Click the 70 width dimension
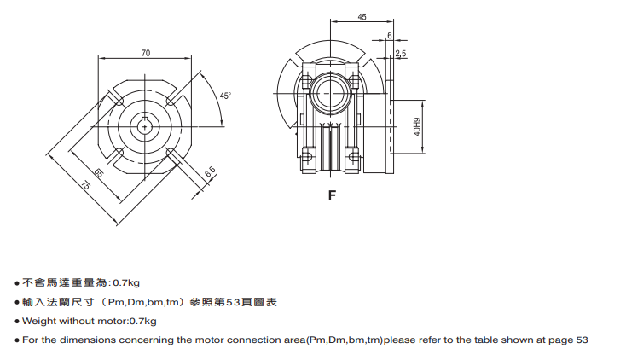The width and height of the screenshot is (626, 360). click(146, 53)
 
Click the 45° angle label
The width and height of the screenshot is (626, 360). click(225, 96)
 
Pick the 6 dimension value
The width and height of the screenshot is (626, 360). click(390, 36)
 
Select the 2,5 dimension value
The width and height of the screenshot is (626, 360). click(401, 54)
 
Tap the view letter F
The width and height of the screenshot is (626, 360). click(332, 195)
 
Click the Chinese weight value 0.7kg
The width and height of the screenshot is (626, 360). click(126, 282)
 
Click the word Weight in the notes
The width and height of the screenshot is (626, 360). click(38, 321)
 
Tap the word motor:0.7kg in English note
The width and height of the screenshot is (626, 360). click(129, 321)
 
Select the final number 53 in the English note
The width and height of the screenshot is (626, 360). click(582, 340)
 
